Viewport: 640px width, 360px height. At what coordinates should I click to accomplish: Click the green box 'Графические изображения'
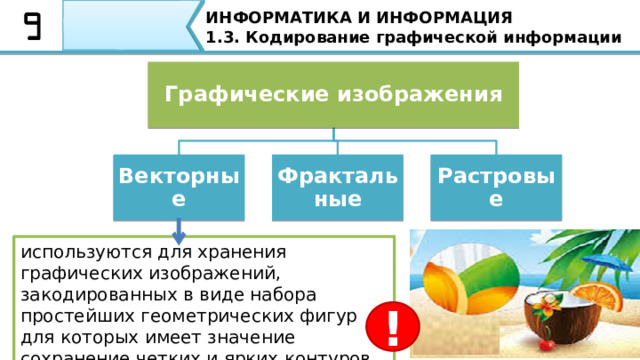point(333,95)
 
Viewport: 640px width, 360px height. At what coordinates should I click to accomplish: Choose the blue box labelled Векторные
point(178,186)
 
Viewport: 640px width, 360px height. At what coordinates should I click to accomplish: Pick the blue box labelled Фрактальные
point(337,186)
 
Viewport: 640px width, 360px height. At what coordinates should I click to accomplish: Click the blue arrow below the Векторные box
point(178,233)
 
